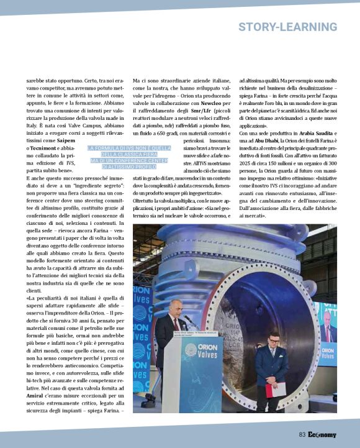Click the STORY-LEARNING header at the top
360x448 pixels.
(287, 27)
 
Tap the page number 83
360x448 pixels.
(302, 434)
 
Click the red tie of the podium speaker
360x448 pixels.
(176, 322)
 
